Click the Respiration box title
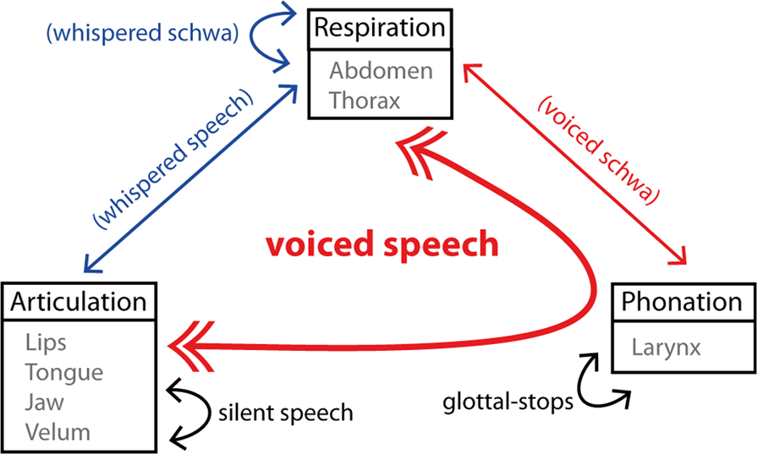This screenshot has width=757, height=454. [x=380, y=27]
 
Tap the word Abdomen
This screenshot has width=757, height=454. [x=381, y=70]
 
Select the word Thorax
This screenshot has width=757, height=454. [x=365, y=100]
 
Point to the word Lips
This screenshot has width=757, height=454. [x=46, y=343]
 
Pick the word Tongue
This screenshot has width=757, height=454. [x=64, y=373]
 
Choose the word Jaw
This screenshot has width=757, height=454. [x=45, y=402]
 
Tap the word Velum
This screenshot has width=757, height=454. [x=58, y=432]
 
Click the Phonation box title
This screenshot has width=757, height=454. [x=682, y=301]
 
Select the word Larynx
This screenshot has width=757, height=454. [x=666, y=347]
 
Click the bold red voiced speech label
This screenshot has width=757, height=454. [x=382, y=245]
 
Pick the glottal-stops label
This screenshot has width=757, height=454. [x=507, y=402]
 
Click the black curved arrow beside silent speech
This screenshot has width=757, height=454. [x=191, y=413]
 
